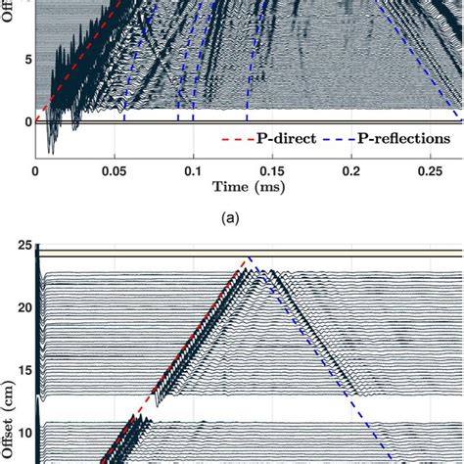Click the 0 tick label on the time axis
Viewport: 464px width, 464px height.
(36, 170)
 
